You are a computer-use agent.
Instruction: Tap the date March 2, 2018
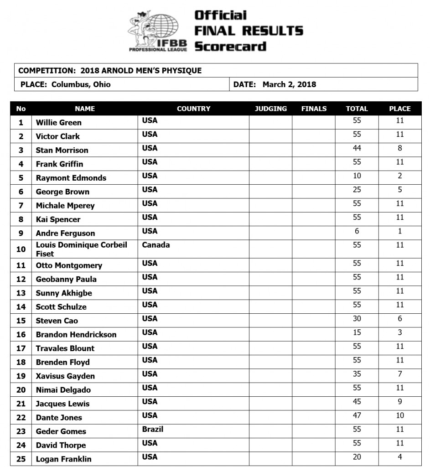[x=289, y=84]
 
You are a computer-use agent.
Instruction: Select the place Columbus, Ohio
[x=81, y=84]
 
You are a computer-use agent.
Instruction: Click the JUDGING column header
[x=270, y=109]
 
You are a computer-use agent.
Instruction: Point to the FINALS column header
[x=314, y=109]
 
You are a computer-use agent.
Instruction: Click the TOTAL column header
[x=357, y=109]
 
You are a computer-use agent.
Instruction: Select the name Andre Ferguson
[x=65, y=233]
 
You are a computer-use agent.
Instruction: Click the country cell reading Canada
[x=155, y=245]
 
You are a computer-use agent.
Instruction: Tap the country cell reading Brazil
[x=152, y=429]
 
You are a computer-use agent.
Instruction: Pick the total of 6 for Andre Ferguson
[x=357, y=231]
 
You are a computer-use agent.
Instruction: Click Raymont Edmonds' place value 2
[x=399, y=176]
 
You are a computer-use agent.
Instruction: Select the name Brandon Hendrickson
[x=76, y=334]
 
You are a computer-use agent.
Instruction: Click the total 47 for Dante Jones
[x=357, y=415]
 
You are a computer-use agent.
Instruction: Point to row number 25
[x=21, y=459]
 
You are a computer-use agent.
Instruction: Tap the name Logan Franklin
[x=63, y=459]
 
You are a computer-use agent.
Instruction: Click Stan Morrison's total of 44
[x=357, y=148]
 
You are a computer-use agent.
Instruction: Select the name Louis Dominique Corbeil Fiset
[x=81, y=249]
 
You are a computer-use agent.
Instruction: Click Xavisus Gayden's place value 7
[x=399, y=374]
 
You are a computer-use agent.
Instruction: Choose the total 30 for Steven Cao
[x=357, y=319]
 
